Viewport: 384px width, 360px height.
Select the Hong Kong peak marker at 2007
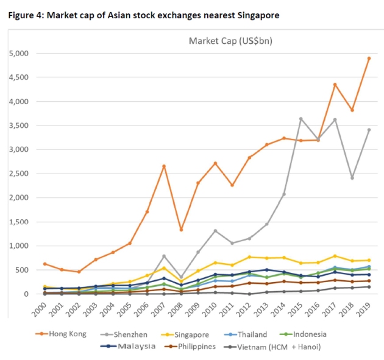(x=163, y=166)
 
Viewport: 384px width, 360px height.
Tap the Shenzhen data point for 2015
(x=300, y=119)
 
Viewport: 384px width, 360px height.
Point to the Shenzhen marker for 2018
(x=352, y=178)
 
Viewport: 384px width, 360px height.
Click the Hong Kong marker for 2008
(x=181, y=230)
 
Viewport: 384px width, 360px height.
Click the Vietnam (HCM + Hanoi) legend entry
(x=281, y=347)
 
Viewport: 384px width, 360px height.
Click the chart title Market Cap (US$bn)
(x=224, y=41)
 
